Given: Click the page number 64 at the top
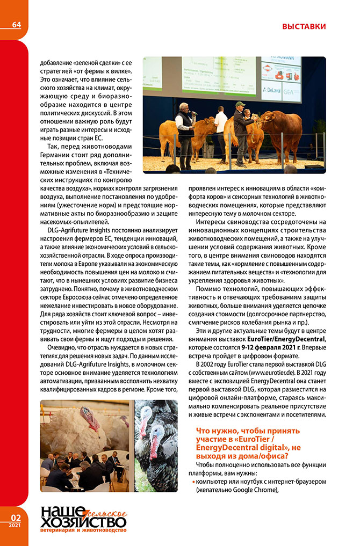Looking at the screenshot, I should [16, 25].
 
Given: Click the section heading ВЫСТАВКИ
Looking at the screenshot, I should [304, 26].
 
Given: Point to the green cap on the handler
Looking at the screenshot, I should [240, 104].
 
